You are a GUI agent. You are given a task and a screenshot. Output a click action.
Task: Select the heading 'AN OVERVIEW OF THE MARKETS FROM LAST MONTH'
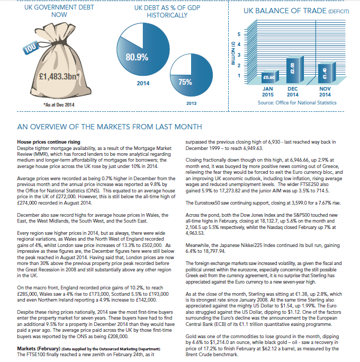coord(109,127)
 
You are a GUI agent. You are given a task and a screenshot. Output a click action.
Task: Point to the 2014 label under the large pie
coord(143,83)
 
